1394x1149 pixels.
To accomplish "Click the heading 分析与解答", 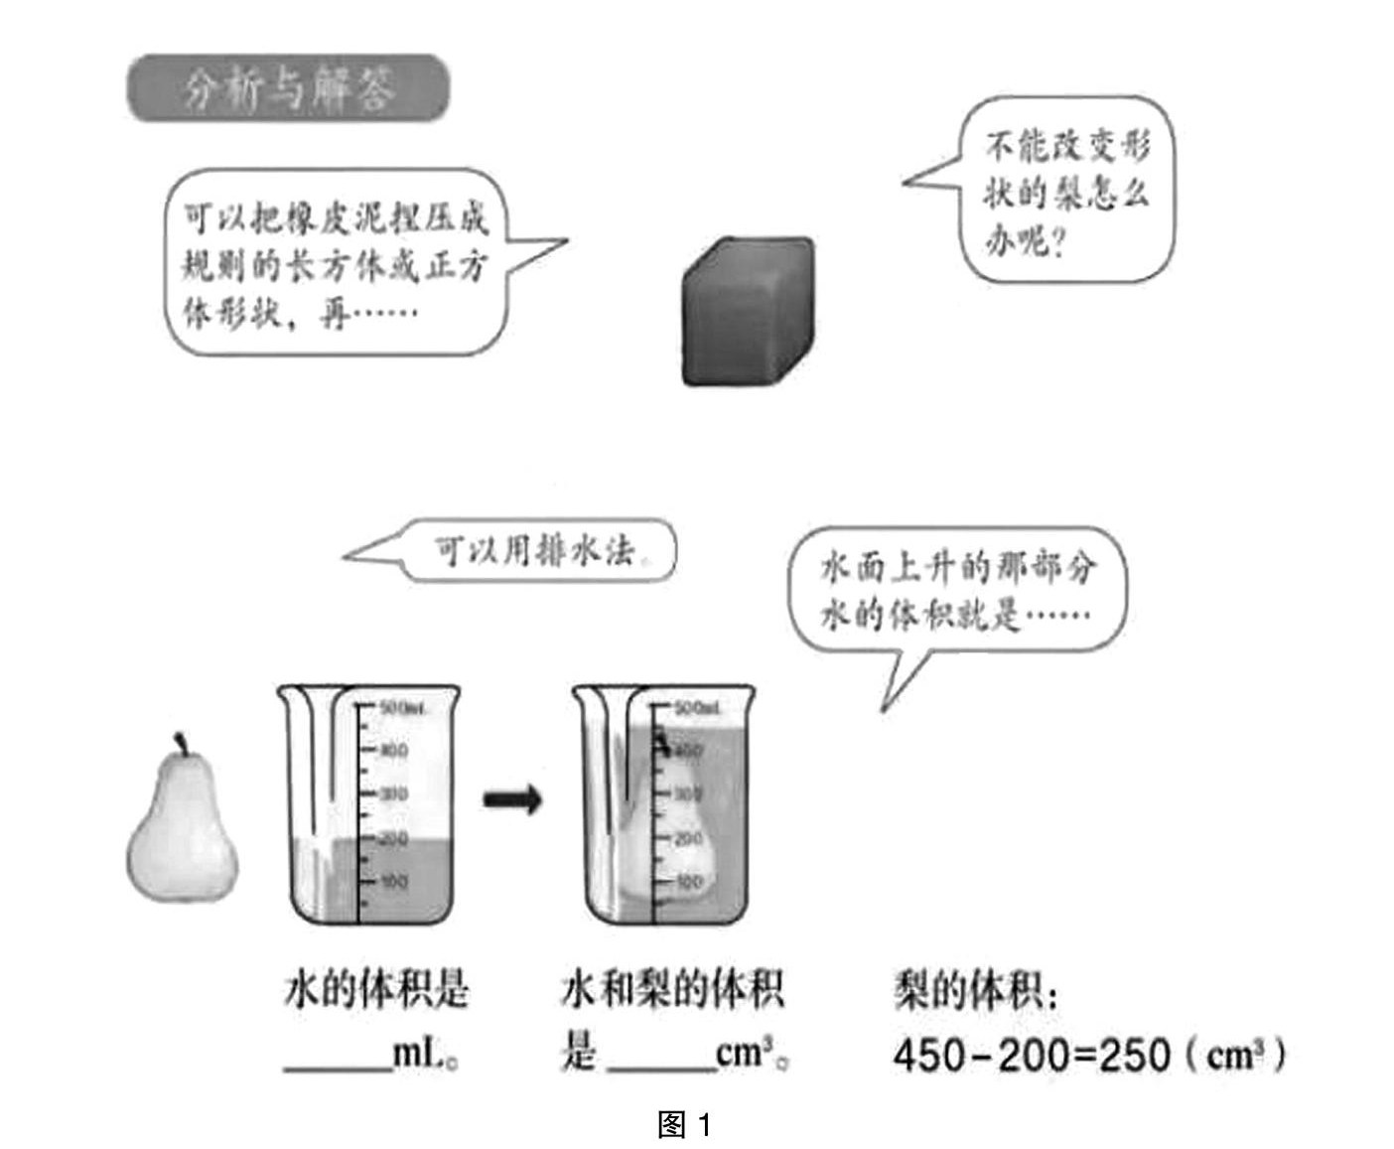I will click(x=288, y=88).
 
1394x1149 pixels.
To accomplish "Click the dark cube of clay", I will click(x=748, y=311).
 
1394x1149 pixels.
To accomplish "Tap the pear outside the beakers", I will click(x=183, y=829).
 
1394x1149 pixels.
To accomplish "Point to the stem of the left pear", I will click(x=182, y=744).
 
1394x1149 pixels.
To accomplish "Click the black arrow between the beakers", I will click(x=512, y=797).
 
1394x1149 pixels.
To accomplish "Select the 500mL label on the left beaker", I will click(x=402, y=708).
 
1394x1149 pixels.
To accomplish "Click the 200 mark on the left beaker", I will click(x=393, y=839).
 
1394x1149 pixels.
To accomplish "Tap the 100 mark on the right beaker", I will click(x=688, y=881).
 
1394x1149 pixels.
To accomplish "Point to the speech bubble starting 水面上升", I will click(x=957, y=591).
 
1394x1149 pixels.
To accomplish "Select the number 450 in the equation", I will click(x=929, y=1055).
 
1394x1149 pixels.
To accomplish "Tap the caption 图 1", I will click(x=685, y=1124).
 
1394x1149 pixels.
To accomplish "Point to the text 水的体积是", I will click(x=376, y=991).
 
